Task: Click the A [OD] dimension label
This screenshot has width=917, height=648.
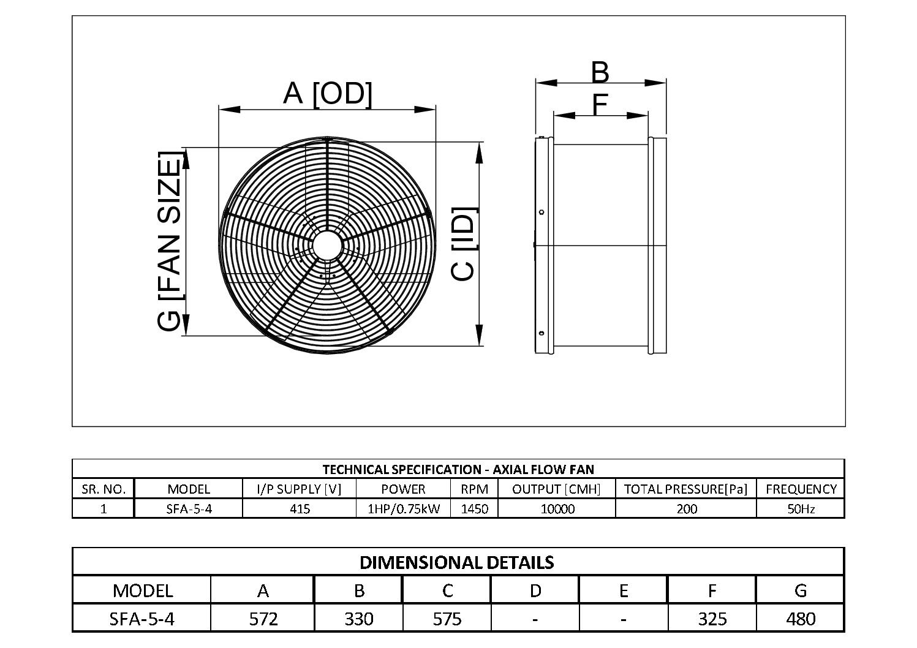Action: [327, 94]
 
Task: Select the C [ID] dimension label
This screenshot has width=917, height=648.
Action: [464, 245]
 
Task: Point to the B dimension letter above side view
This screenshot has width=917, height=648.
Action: [600, 72]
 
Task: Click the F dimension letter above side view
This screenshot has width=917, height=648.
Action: [600, 105]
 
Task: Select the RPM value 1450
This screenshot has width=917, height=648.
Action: [474, 508]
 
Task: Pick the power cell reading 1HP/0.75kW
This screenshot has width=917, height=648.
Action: [403, 508]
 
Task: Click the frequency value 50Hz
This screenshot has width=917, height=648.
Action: [801, 508]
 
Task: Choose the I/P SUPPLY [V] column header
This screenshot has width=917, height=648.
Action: [299, 489]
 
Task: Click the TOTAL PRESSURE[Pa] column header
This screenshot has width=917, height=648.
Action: [686, 489]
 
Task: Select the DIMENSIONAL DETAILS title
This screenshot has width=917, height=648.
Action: [457, 562]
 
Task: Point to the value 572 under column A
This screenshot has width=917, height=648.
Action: [263, 619]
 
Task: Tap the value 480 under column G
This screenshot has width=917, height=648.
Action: [800, 619]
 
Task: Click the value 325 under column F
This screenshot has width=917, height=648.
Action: [712, 619]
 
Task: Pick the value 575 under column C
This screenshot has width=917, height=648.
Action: [447, 619]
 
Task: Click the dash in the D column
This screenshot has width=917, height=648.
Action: [535, 619]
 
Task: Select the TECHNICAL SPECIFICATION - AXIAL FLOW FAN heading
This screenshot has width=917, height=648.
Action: [458, 470]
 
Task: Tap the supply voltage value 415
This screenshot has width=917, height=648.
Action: [299, 508]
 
